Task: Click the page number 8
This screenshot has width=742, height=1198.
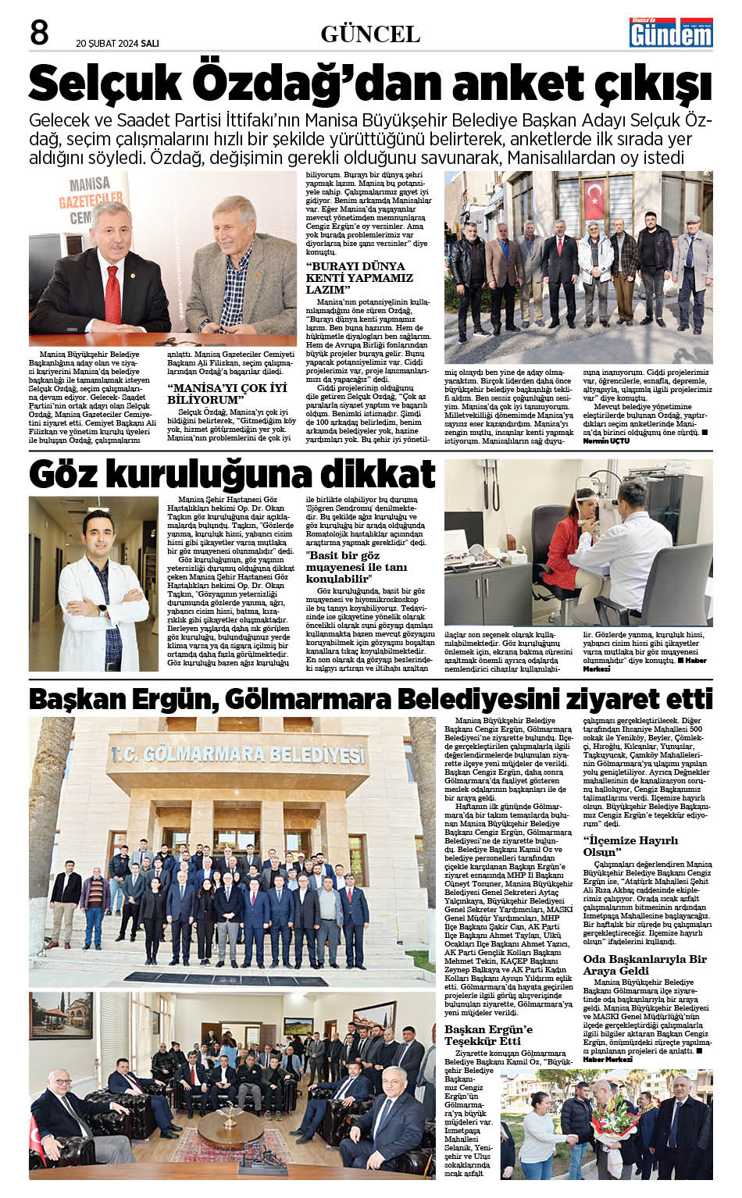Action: [x=38, y=33]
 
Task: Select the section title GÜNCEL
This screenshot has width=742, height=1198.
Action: [x=369, y=34]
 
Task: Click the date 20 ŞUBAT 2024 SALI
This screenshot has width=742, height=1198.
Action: [x=117, y=44]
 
